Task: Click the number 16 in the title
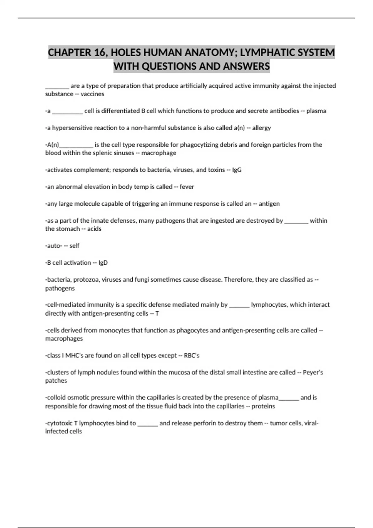99,52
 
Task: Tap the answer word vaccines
92,94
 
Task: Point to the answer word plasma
316,111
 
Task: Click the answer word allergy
261,128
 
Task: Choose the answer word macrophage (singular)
159,153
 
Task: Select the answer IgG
237,170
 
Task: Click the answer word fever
187,187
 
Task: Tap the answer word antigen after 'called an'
269,204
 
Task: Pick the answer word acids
94,229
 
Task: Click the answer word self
75,246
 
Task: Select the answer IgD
103,263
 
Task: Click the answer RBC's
191,355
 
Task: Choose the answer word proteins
263,406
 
